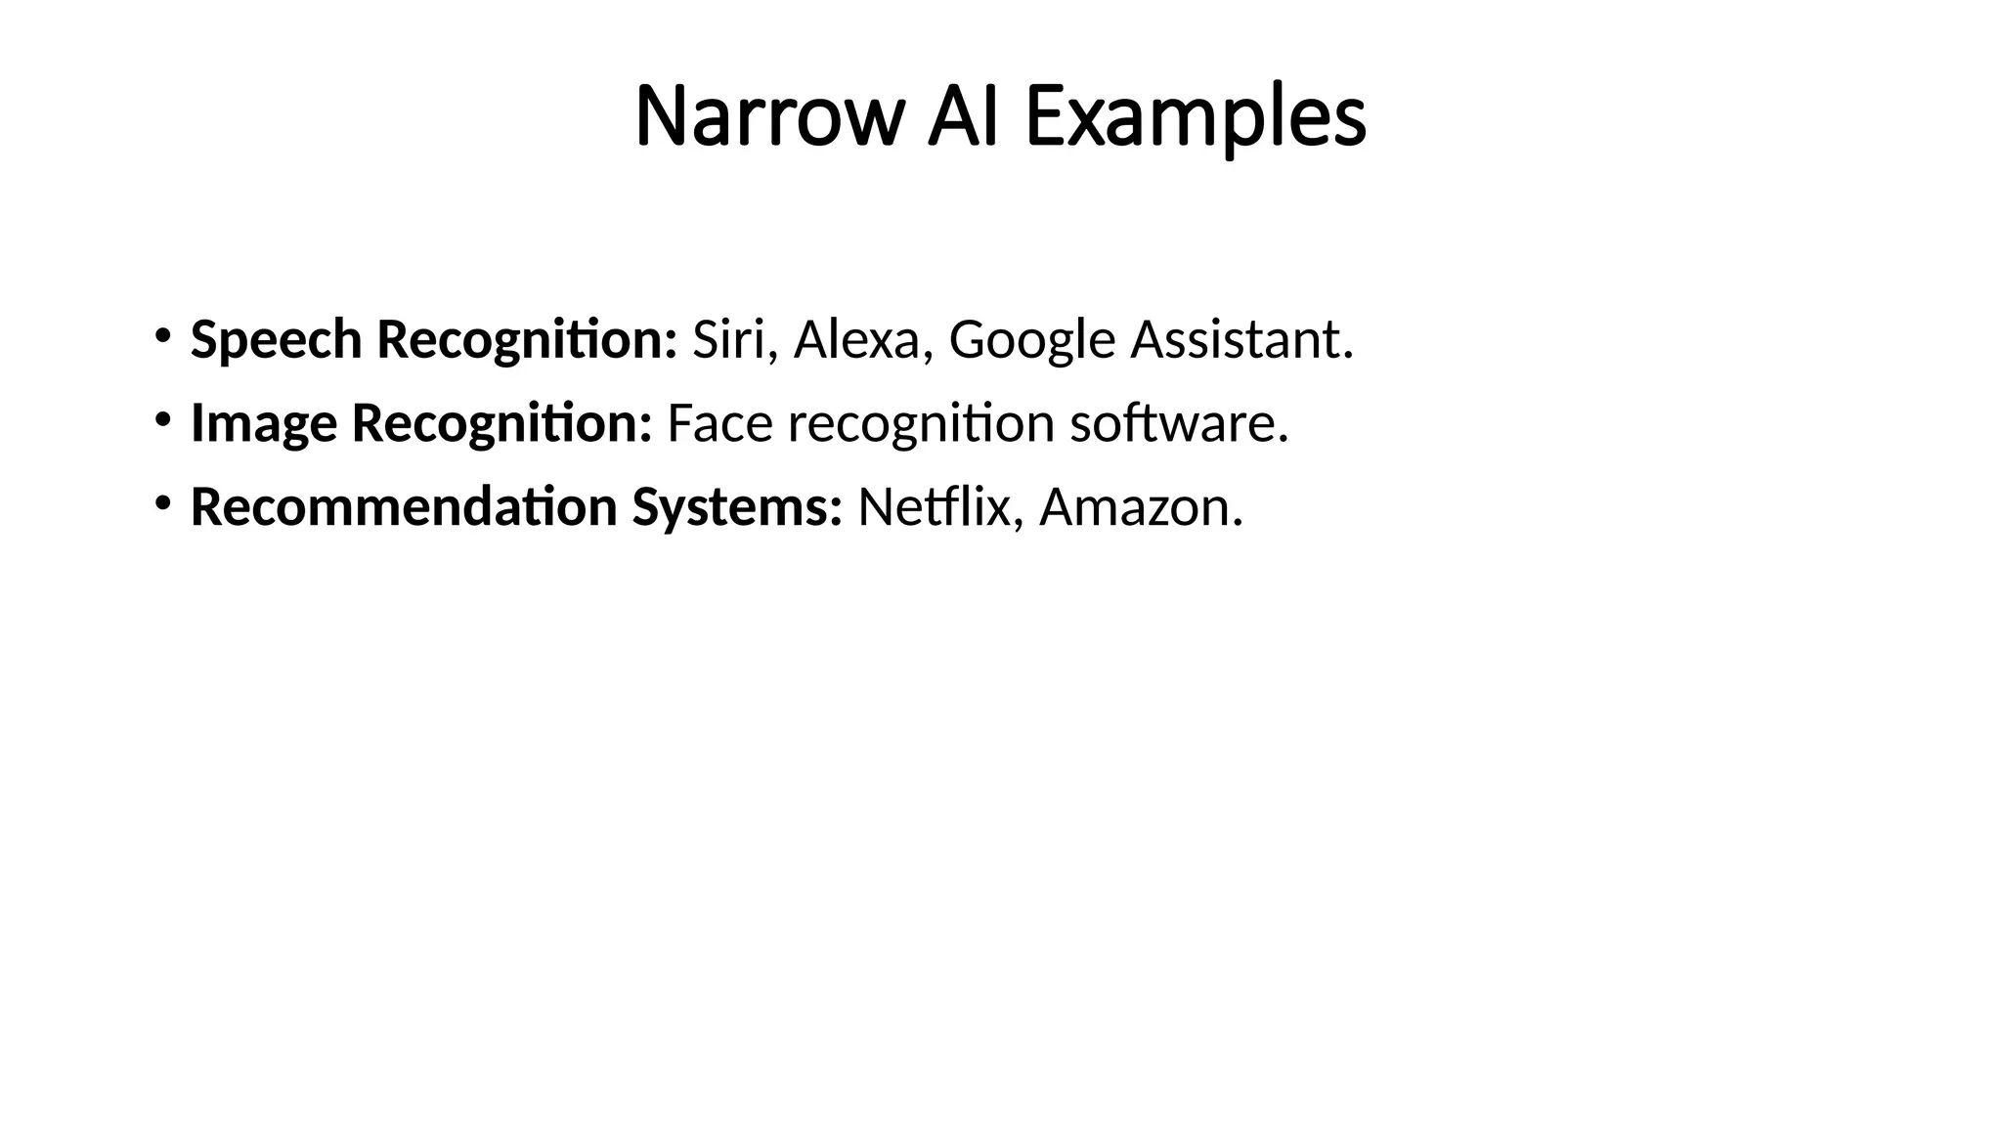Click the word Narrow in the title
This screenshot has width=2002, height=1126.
coord(766,117)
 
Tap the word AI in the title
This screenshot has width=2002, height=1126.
coord(963,117)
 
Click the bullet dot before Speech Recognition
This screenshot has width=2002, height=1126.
coord(162,337)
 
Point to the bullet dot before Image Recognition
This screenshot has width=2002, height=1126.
coord(162,421)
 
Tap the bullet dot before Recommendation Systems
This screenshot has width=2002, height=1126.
coord(162,504)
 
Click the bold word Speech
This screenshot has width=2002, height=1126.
coord(276,341)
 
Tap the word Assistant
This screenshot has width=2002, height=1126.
coord(1241,340)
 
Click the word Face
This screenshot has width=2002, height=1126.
coord(719,424)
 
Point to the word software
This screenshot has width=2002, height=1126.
coord(1179,424)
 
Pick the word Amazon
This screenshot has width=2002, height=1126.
coord(1141,507)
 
